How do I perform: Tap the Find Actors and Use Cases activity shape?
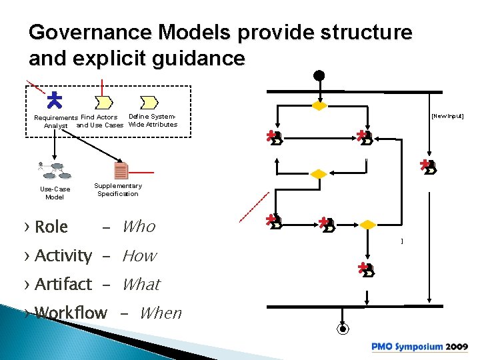pos(103,102)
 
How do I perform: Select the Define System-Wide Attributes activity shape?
pos(149,102)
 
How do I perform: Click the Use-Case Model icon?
pos(53,170)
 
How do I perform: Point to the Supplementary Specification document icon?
pos(121,171)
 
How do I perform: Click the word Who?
pos(139,227)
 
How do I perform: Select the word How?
pos(139,255)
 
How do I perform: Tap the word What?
pos(141,284)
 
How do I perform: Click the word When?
pos(160,313)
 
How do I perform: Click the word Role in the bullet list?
pos(51,227)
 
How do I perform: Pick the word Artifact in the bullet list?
pos(63,284)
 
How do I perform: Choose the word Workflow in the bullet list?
pos(71,313)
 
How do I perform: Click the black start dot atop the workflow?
pos(319,75)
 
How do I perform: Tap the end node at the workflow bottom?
pos(343,328)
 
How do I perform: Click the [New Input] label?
pos(447,116)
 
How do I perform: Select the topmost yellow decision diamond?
pos(320,106)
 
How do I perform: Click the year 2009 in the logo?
pos(457,347)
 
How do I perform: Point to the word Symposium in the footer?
pos(418,347)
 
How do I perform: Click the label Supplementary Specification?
pos(118,190)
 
